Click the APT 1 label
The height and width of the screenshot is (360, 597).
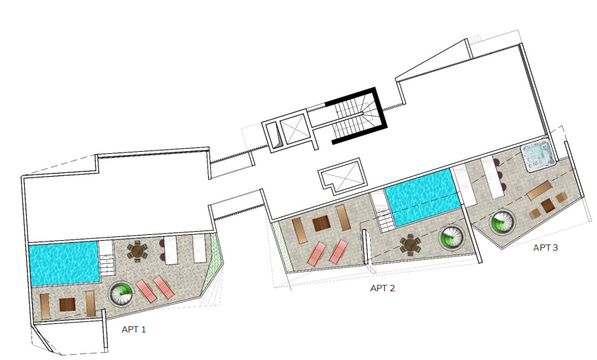134,329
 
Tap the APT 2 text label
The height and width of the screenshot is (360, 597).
382,288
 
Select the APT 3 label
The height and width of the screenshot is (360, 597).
545,247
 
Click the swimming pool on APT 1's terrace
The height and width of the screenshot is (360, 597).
64,263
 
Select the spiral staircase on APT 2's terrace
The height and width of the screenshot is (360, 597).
452,238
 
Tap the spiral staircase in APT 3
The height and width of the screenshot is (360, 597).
502,222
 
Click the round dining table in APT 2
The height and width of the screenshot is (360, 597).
410,245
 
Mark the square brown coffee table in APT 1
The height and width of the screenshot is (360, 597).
67,304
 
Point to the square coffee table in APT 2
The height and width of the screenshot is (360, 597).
321,223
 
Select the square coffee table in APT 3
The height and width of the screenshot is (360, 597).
547,206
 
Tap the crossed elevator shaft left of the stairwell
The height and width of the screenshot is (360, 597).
293,128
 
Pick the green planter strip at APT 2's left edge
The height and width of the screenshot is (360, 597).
283,247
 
